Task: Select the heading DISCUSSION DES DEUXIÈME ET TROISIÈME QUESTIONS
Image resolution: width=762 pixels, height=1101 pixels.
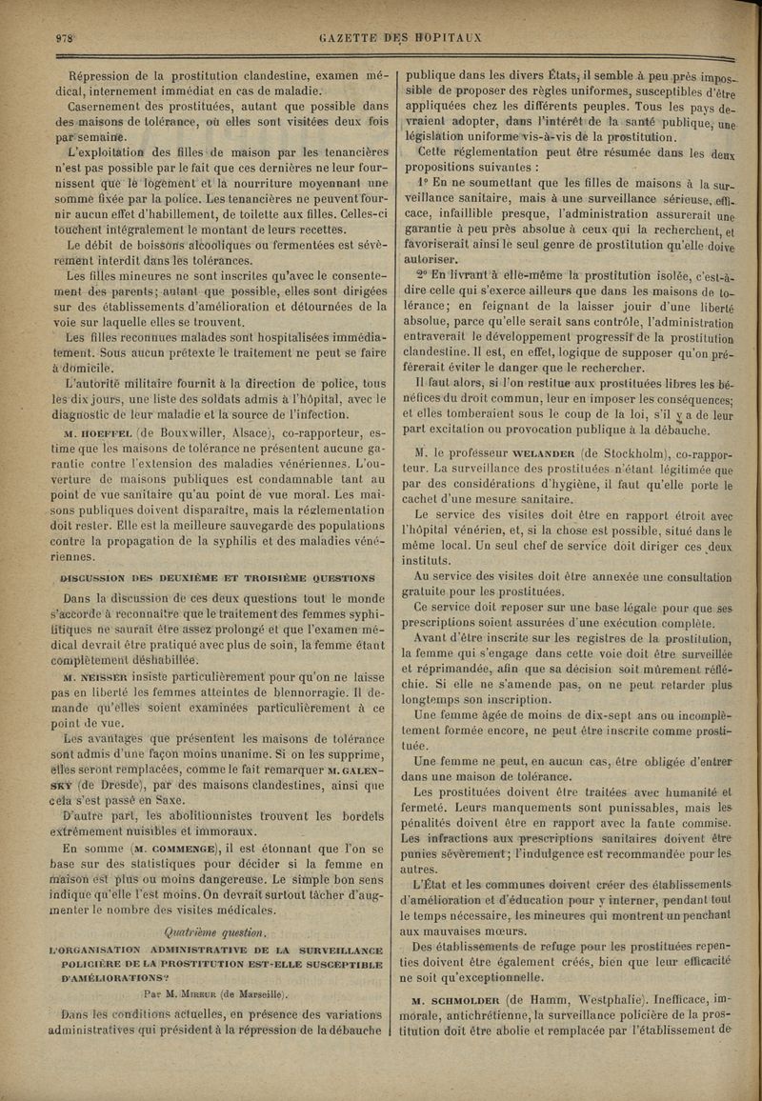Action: [216, 577]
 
